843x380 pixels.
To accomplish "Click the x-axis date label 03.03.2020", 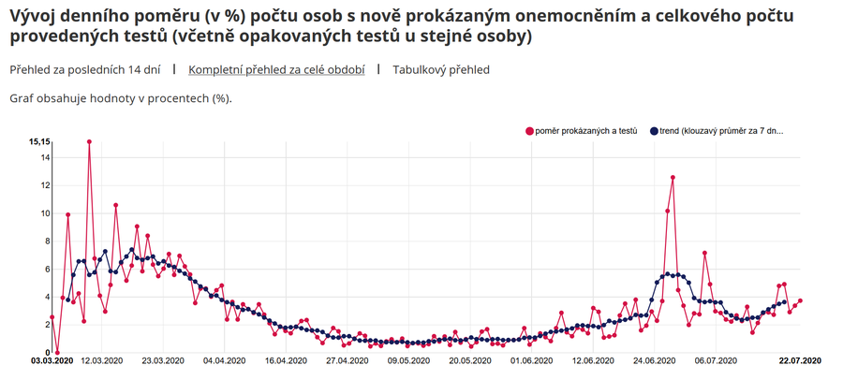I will click(52, 360).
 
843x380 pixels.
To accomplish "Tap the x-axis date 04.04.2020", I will click(224, 360).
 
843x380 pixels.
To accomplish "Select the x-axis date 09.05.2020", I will click(408, 360).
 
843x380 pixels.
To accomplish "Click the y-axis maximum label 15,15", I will click(38, 141).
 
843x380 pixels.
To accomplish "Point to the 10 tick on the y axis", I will click(44, 212).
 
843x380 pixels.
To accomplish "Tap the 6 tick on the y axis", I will click(46, 269).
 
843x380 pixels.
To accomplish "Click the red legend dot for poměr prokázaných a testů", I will click(530, 130).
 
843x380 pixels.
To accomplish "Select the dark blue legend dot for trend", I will click(655, 130).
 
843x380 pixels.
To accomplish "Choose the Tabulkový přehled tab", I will click(441, 69).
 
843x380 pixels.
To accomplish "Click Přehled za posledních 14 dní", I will click(85, 69).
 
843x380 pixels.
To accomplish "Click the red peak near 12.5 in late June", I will click(673, 177).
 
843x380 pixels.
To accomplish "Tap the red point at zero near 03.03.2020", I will click(57, 352).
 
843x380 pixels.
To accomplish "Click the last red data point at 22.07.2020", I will click(800, 300).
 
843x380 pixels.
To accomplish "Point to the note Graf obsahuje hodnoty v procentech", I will click(120, 97).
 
